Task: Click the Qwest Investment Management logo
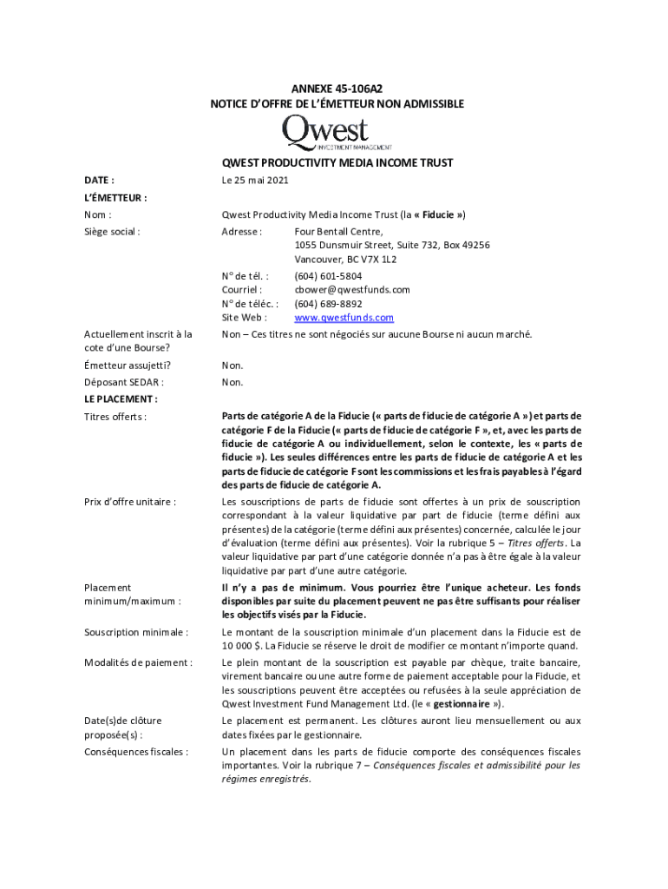(337, 135)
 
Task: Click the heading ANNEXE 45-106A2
(337, 87)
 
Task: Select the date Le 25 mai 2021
(254, 181)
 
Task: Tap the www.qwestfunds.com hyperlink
(344, 318)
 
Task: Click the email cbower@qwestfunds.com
(352, 290)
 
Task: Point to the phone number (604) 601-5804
(328, 276)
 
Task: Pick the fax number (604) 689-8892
(328, 304)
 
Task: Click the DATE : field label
(99, 181)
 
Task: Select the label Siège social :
(112, 232)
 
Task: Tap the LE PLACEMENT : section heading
(121, 399)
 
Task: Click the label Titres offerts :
(115, 417)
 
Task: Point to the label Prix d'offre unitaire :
(130, 502)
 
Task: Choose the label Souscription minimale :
(136, 632)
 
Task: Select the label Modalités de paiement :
(138, 662)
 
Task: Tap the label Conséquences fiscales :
(136, 752)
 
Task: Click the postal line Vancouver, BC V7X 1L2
(345, 260)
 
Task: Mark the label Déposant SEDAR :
(124, 382)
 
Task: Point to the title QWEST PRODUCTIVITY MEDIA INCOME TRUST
(337, 163)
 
